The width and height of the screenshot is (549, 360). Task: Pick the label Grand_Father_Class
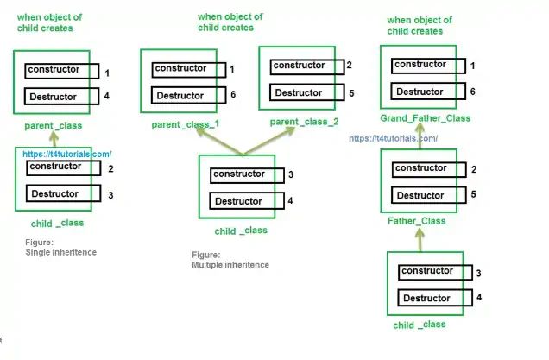pos(426,117)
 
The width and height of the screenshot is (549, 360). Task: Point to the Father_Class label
pos(417,221)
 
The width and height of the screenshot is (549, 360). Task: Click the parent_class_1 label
pos(186,124)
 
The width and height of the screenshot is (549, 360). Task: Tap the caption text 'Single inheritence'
pos(61,252)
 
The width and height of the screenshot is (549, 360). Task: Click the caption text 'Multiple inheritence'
pos(230,265)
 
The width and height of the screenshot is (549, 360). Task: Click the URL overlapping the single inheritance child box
pos(67,154)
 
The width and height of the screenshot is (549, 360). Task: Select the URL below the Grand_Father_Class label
pos(393,138)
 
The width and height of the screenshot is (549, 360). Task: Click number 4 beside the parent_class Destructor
pos(107,97)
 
